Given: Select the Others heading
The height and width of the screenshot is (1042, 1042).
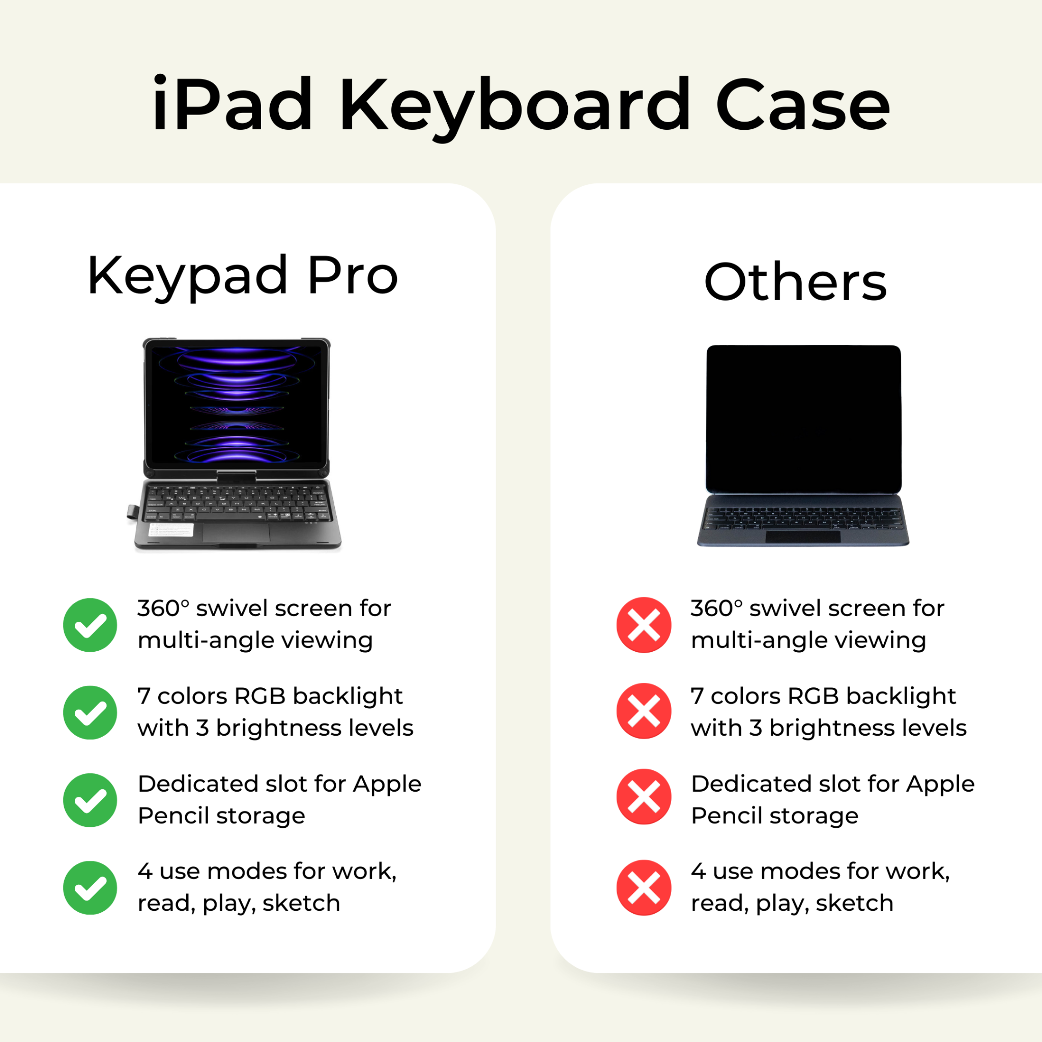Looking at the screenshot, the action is tap(796, 281).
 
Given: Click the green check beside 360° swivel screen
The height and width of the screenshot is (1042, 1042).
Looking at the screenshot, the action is tap(90, 625).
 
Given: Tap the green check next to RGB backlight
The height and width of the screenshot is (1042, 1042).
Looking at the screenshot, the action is tap(90, 712).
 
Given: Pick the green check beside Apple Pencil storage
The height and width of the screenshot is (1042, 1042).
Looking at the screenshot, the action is tap(90, 800).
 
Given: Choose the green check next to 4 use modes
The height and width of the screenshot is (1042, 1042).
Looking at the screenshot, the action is tap(90, 888).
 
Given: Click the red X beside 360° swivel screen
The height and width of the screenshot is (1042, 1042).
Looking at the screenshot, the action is tap(644, 625).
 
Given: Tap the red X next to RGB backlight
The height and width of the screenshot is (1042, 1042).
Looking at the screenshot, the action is tap(644, 711).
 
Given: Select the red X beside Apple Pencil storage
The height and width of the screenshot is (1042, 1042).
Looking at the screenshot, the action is tap(644, 797).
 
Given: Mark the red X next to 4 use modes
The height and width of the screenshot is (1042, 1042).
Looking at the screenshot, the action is tap(644, 888).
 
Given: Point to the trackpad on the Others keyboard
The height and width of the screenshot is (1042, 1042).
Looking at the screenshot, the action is tap(803, 537).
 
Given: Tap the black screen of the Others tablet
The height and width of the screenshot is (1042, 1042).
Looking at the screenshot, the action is tap(803, 419).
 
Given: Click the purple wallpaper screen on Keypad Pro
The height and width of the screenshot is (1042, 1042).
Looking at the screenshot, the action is tap(236, 405).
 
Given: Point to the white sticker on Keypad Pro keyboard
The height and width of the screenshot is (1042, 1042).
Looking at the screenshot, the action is tap(171, 530).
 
